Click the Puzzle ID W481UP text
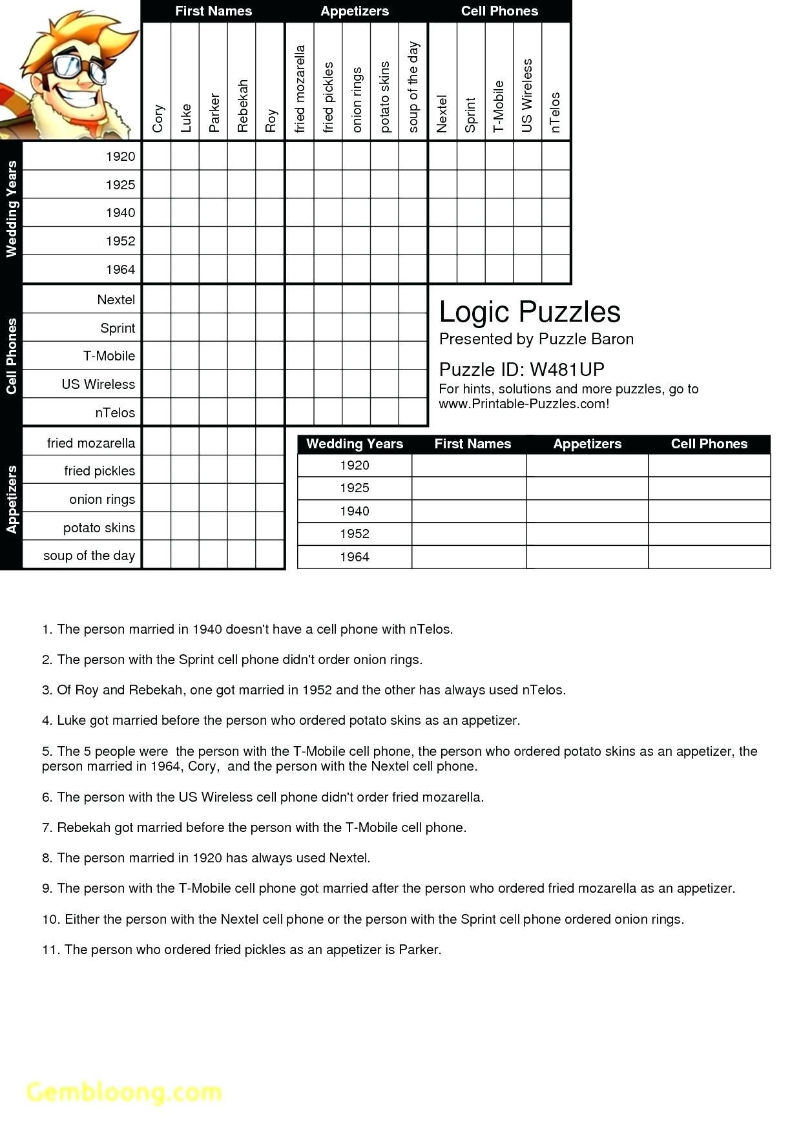coord(521,369)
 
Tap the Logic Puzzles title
coord(529,312)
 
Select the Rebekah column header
coord(242,106)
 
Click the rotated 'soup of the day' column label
coord(413,87)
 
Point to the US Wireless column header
coord(527,96)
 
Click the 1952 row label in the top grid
coord(120,241)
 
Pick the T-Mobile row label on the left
coord(109,356)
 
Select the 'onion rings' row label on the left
coord(102,499)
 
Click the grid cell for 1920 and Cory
coord(156,156)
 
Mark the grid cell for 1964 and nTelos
coord(556,269)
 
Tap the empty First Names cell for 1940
coord(469,511)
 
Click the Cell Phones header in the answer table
coord(709,444)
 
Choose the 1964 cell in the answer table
coord(354,557)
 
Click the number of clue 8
coord(47,858)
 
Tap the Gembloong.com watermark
coord(124,1092)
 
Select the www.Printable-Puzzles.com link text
coord(523,404)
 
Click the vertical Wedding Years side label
coord(11,209)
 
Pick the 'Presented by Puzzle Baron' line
coord(536,339)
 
